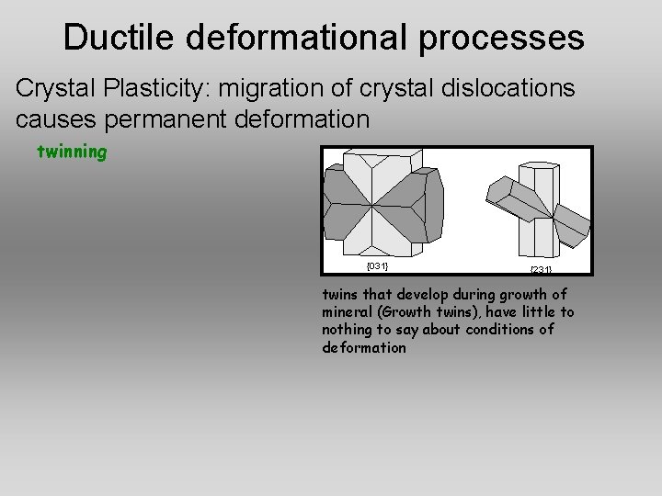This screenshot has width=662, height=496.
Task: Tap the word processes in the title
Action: pos(500,38)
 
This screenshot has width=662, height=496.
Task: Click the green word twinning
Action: pos(71,152)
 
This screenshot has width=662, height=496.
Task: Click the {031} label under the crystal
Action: pos(376,266)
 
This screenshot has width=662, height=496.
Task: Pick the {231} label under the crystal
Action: pos(540,269)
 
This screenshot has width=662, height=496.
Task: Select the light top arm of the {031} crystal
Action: pos(378,170)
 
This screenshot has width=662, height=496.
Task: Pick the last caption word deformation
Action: pos(364,348)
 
